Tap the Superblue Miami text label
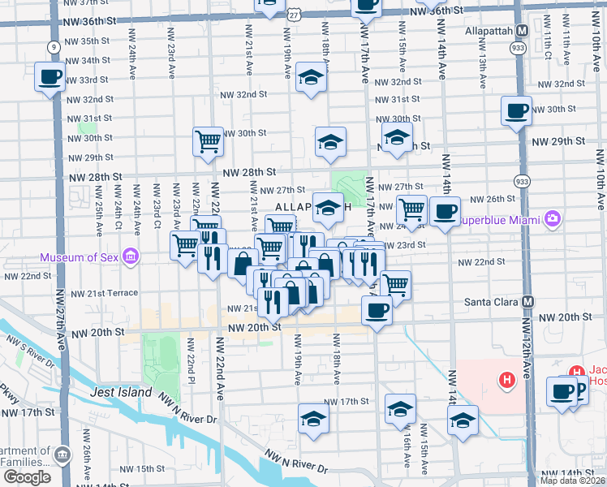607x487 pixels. point(500,219)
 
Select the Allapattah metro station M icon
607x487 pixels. point(523,31)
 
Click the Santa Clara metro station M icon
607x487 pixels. point(529,301)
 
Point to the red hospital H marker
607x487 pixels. point(507,379)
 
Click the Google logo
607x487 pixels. point(27,477)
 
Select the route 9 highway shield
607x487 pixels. point(52,47)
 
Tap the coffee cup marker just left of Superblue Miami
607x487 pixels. point(444,210)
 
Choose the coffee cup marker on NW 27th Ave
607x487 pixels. point(50,77)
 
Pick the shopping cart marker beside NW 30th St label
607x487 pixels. point(208,140)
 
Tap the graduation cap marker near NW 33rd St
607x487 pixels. point(310,77)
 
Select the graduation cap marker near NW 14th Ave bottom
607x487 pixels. point(463,420)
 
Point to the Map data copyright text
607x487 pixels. point(573,481)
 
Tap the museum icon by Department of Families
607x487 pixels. point(64,452)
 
